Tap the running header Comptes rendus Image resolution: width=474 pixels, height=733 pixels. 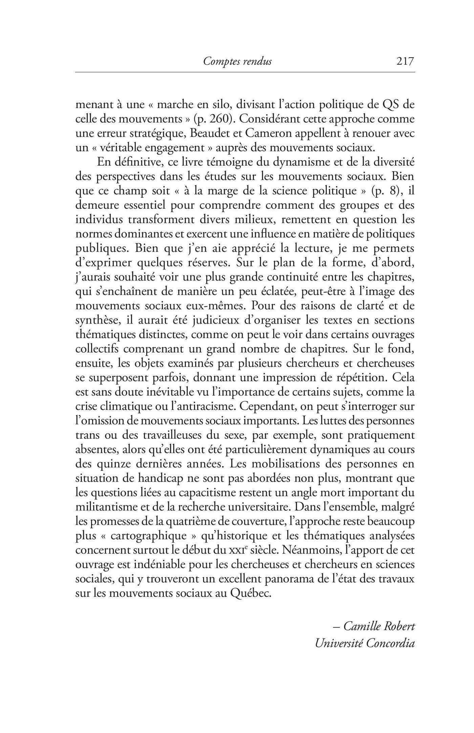click(x=237, y=61)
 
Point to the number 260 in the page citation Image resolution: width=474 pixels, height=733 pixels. click(x=215, y=119)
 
